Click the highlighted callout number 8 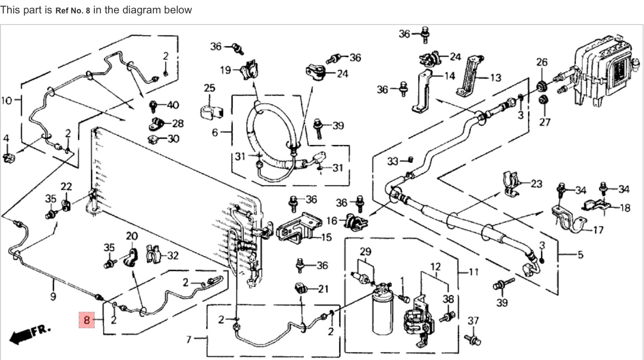pyautogui.click(x=87, y=320)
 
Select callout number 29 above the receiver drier pyautogui.click(x=366, y=251)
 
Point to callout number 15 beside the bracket pyautogui.click(x=326, y=237)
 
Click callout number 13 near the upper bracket pyautogui.click(x=495, y=78)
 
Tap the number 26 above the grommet pyautogui.click(x=542, y=62)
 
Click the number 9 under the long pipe pyautogui.click(x=53, y=296)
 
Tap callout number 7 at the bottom pyautogui.click(x=189, y=340)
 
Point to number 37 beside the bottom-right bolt pyautogui.click(x=473, y=320)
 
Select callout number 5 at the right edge pyautogui.click(x=580, y=255)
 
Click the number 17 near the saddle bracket pyautogui.click(x=598, y=230)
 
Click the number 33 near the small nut pyautogui.click(x=392, y=161)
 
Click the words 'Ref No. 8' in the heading pyautogui.click(x=72, y=10)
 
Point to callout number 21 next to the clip pyautogui.click(x=323, y=289)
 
